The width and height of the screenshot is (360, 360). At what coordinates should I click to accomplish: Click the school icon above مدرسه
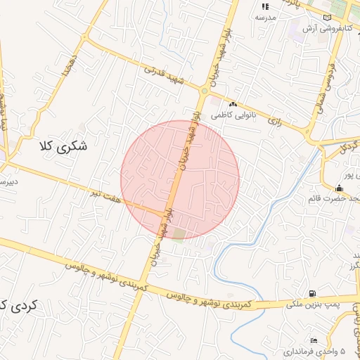click(x=265, y=6)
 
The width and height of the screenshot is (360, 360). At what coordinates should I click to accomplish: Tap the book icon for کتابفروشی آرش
click(x=326, y=18)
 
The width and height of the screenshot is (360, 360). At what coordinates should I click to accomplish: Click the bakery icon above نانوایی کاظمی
click(x=233, y=104)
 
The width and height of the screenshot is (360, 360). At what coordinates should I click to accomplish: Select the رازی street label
click(x=274, y=121)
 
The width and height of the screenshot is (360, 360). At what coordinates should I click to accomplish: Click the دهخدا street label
click(x=68, y=64)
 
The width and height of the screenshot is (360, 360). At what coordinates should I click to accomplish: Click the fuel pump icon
click(x=311, y=294)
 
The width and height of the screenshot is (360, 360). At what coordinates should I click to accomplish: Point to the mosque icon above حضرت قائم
click(x=340, y=188)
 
